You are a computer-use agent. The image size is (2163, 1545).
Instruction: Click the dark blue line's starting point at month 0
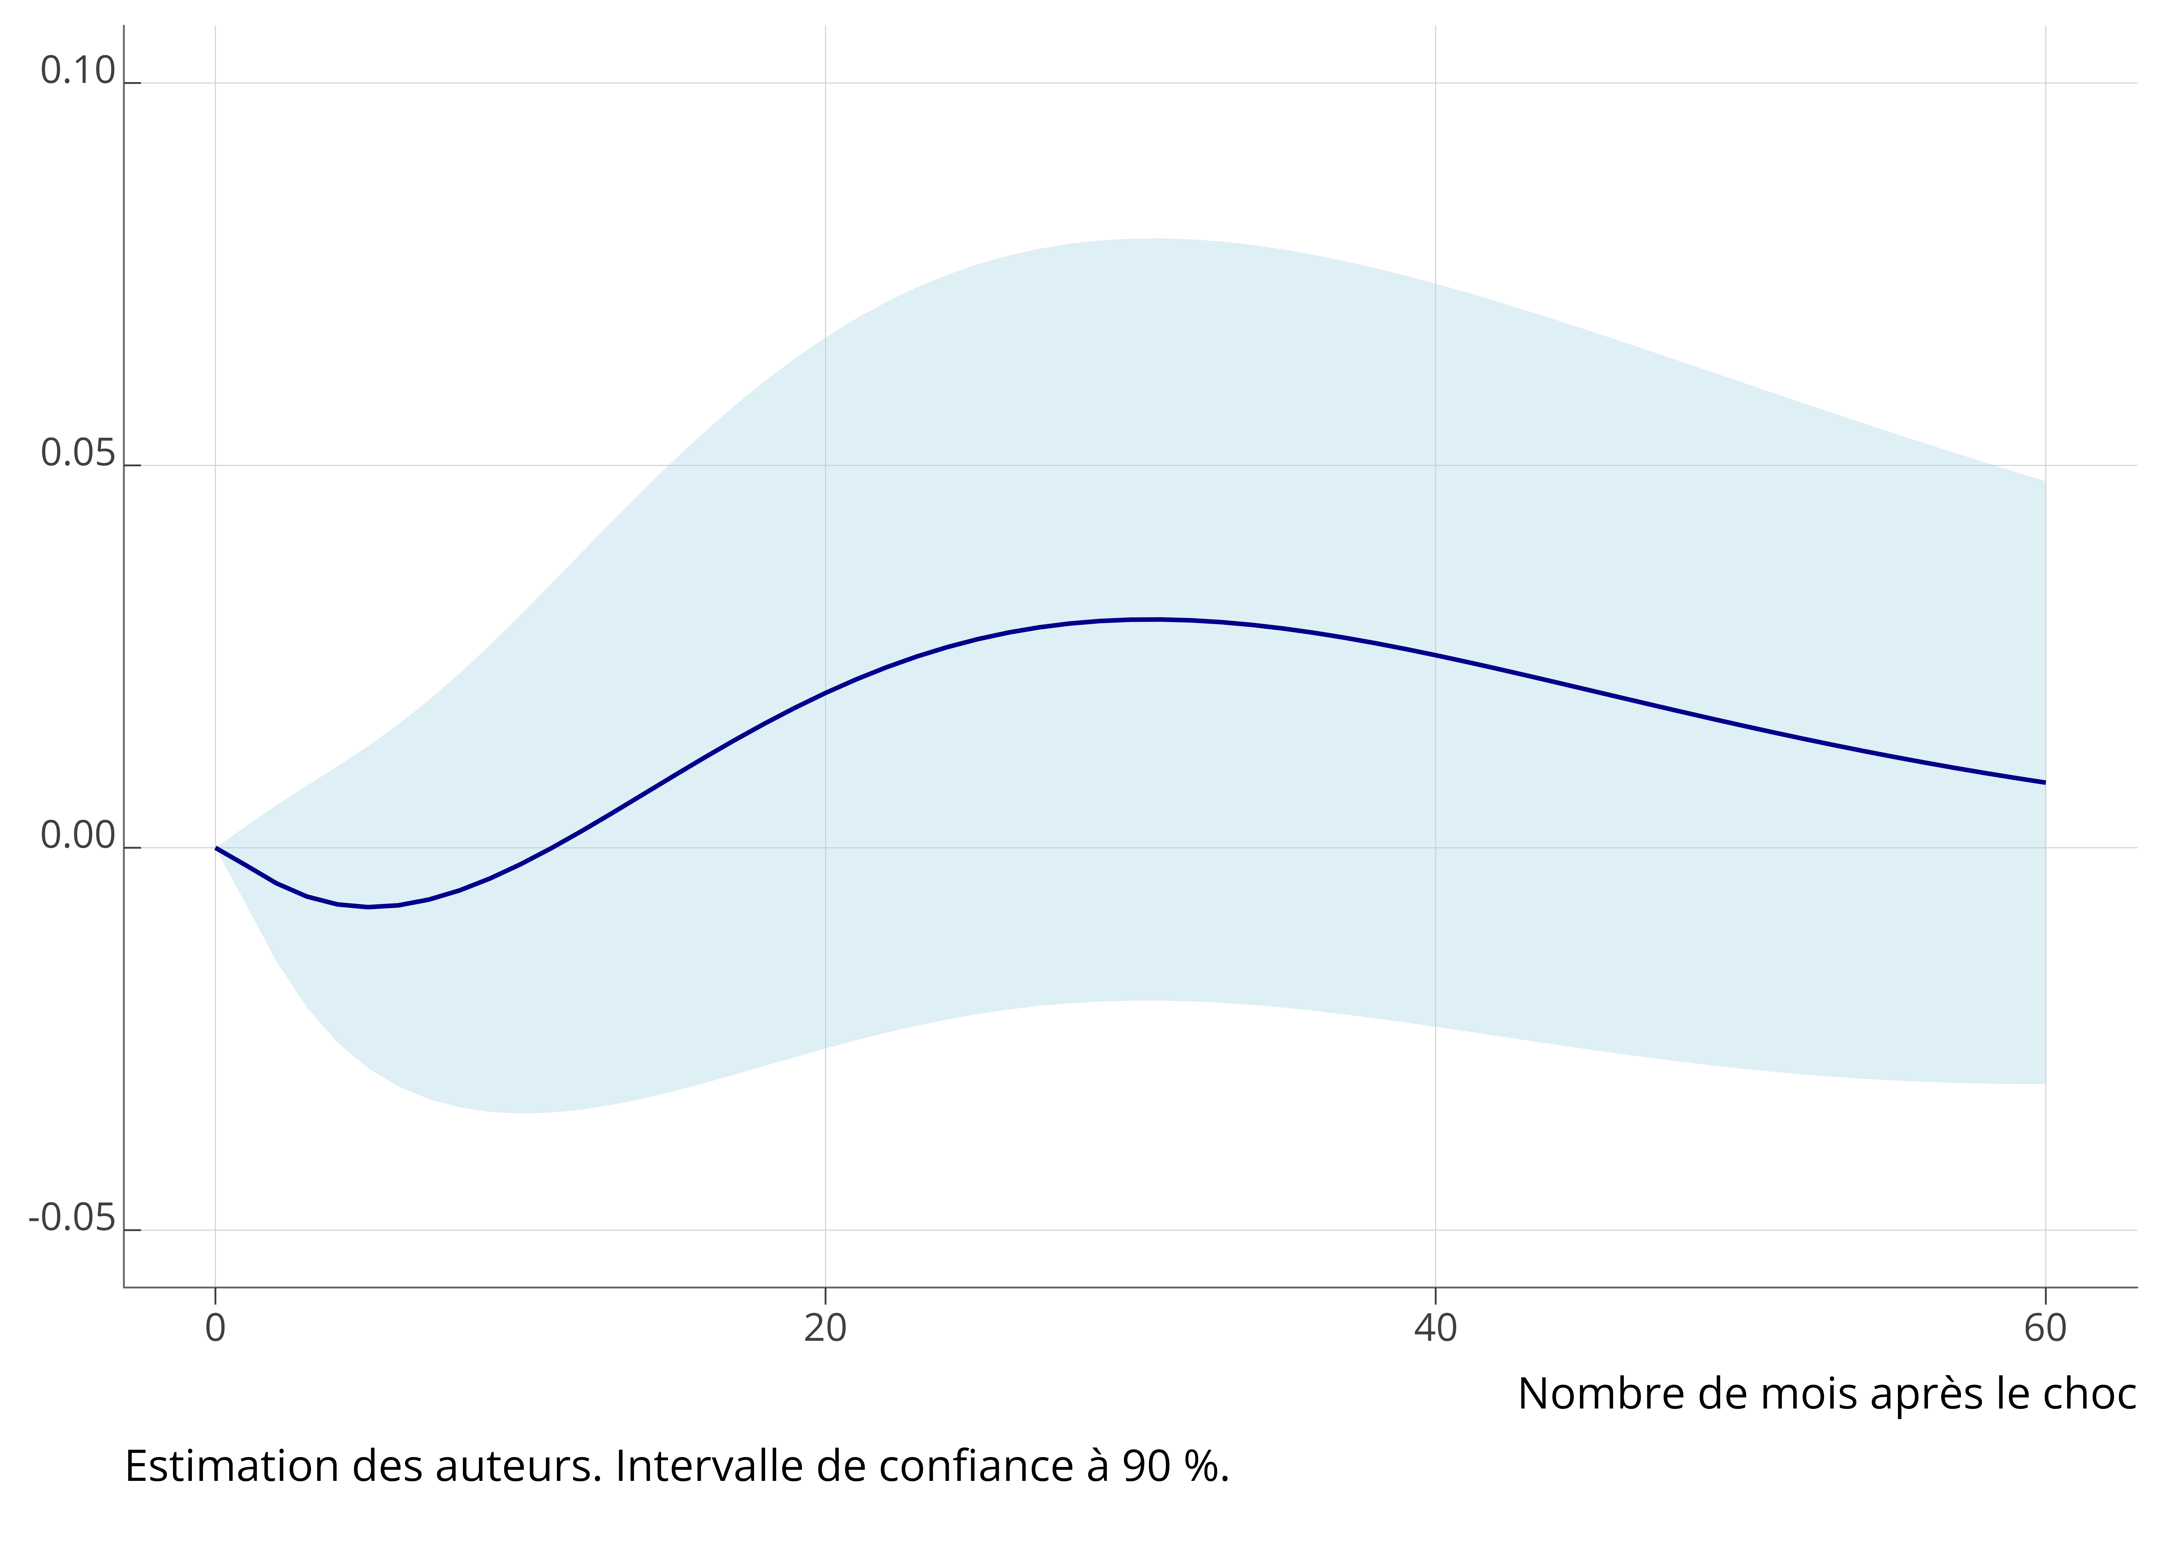[x=217, y=848]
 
